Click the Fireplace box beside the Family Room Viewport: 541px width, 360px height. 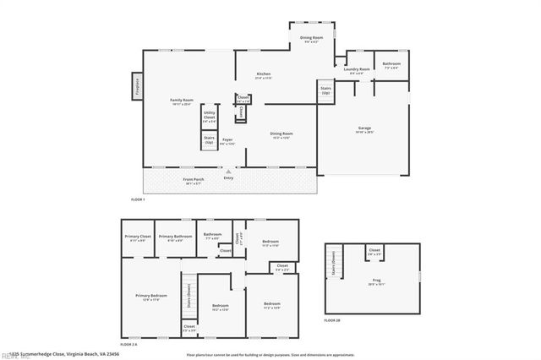click(136, 85)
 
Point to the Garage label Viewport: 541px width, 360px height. click(363, 129)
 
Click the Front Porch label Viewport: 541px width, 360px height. click(194, 179)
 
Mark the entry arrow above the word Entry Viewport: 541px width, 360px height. click(227, 172)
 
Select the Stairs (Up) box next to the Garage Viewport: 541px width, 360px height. click(325, 90)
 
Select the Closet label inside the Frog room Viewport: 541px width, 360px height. click(374, 251)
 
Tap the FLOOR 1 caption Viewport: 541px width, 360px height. click(138, 199)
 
